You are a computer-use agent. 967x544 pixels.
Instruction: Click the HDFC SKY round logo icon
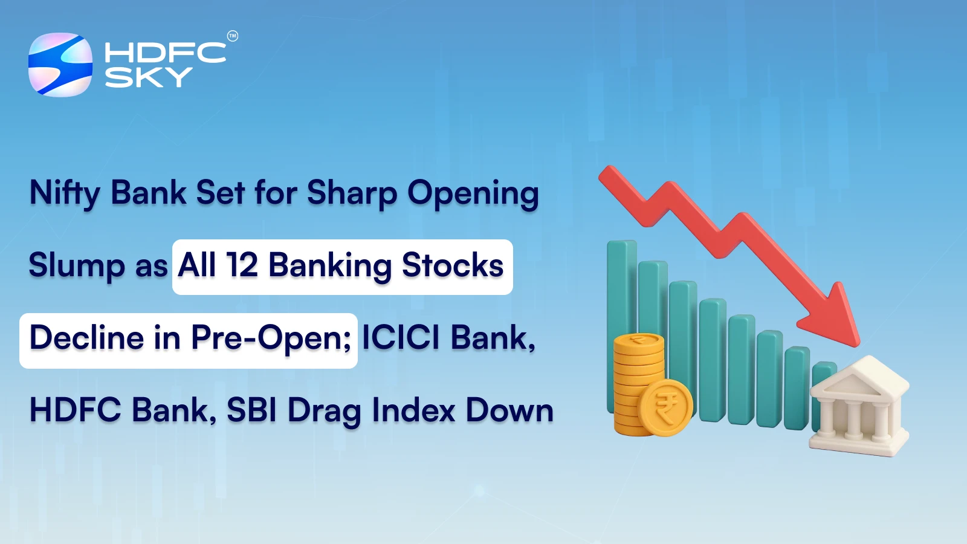[60, 65]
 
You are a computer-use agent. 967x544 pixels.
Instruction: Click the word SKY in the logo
[148, 77]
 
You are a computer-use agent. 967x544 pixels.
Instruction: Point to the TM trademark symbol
[232, 36]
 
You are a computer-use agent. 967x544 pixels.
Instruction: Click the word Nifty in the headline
[65, 194]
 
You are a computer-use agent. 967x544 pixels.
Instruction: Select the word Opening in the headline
[473, 194]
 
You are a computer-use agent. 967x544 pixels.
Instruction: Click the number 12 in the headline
[242, 265]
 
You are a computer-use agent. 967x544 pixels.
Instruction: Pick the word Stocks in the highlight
[452, 265]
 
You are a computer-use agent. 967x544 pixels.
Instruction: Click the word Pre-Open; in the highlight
[271, 338]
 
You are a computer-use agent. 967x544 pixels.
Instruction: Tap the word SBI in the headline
[251, 410]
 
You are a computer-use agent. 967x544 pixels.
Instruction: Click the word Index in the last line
[413, 410]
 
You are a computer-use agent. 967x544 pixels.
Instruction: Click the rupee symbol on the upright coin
[665, 408]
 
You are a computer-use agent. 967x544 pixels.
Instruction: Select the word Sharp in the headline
[352, 194]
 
